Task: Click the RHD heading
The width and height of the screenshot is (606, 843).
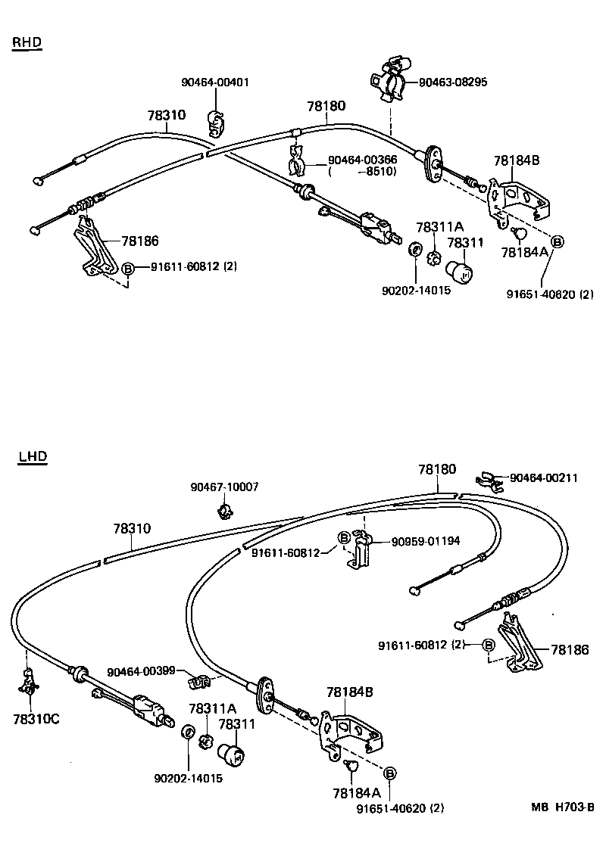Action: [27, 42]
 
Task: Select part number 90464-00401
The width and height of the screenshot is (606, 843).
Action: [215, 82]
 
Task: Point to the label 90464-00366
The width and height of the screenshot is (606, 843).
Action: [363, 160]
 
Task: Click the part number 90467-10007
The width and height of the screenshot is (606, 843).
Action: [224, 487]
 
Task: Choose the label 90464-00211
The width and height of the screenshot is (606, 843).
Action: [543, 477]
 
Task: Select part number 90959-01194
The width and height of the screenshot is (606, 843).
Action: [425, 540]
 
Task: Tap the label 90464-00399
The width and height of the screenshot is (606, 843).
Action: [142, 671]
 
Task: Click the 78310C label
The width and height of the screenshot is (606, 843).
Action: [36, 718]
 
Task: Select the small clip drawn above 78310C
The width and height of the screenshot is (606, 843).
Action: [30, 685]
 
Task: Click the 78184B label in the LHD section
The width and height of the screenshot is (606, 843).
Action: [349, 692]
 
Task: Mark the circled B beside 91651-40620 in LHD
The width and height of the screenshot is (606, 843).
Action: [389, 773]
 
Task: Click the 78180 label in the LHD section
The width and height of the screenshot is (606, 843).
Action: [437, 469]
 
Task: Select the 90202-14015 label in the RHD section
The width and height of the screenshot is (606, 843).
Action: [417, 289]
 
